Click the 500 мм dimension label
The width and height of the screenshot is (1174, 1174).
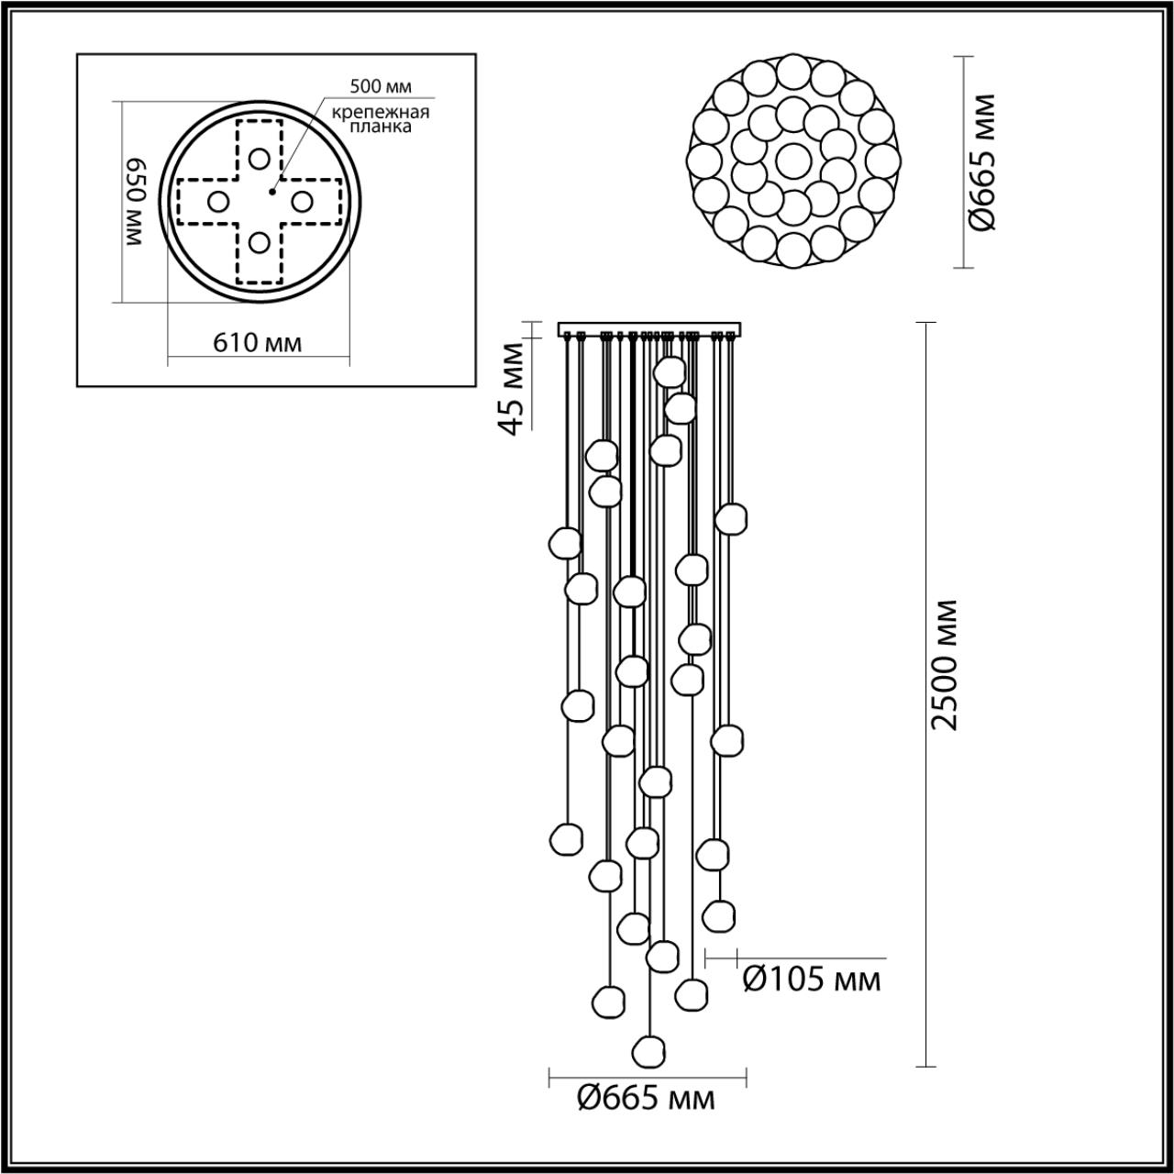click(x=381, y=87)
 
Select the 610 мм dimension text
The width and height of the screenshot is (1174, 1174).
click(x=258, y=343)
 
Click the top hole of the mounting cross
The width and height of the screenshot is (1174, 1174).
click(x=260, y=158)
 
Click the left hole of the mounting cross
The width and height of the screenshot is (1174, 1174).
click(x=218, y=201)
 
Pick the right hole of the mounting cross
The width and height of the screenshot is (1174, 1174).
click(x=301, y=200)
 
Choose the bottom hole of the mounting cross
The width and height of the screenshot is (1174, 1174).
click(x=260, y=243)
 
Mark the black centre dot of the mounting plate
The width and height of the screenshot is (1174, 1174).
click(x=271, y=192)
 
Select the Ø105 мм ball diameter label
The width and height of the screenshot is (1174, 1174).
click(x=811, y=980)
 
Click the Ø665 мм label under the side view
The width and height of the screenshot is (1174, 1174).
click(x=646, y=1097)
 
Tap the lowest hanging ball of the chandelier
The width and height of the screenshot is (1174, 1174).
click(x=649, y=1047)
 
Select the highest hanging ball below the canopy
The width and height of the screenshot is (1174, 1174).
click(x=670, y=371)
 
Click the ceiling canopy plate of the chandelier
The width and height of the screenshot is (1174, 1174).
click(x=650, y=329)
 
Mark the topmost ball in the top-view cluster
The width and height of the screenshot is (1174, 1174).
click(x=792, y=72)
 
